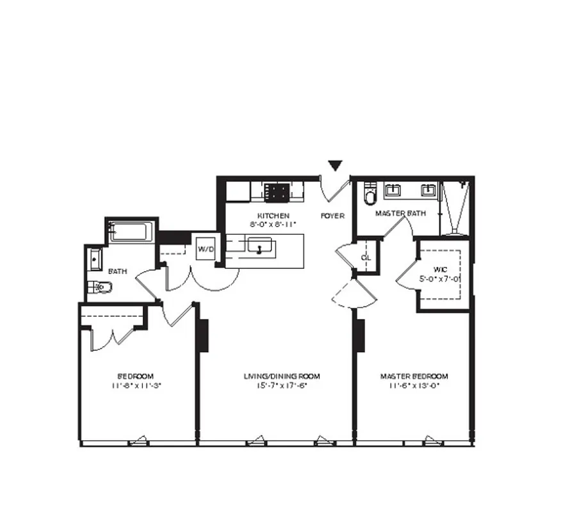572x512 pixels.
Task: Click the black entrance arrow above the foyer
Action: pos(335,166)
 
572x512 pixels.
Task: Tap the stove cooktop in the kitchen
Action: pos(277,191)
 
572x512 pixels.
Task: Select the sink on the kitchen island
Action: pos(261,245)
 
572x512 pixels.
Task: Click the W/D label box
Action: pos(206,248)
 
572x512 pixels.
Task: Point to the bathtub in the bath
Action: pos(131,231)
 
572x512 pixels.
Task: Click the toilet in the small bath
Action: pos(100,287)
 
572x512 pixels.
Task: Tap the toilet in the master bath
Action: pos(370,194)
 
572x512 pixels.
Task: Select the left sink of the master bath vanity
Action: pos(393,190)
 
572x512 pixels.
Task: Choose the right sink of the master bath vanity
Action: pos(427,190)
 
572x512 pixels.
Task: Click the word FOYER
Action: pos(332,216)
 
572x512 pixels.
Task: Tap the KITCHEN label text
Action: pos(274,216)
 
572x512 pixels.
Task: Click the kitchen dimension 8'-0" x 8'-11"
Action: pos(274,225)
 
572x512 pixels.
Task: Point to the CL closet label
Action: pos(366,257)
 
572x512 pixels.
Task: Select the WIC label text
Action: pos(439,270)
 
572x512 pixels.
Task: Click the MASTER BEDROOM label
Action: pos(414,376)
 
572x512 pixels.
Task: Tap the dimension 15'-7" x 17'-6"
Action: pos(282,385)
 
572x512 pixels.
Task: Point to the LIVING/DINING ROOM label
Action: pos(282,376)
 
